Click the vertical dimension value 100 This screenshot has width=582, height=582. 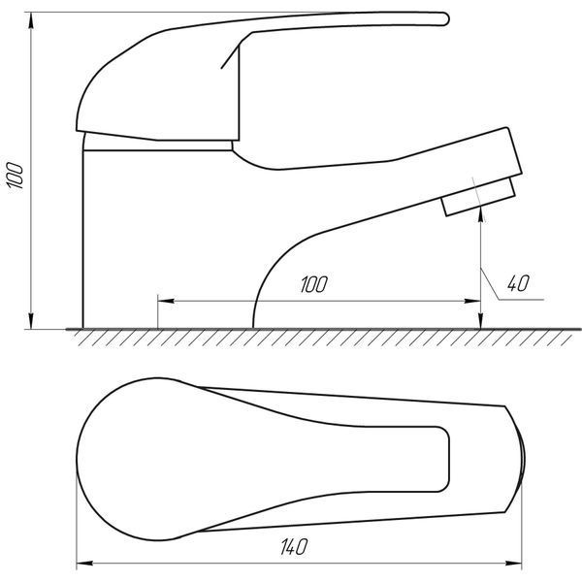(x=16, y=176)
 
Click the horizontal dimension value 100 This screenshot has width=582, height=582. (x=314, y=284)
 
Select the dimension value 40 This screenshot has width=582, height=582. (x=518, y=283)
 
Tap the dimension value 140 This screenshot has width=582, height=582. (x=294, y=547)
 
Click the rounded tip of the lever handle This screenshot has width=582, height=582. (x=444, y=18)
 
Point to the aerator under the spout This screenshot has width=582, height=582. (x=479, y=197)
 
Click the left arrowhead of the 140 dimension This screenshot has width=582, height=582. (x=84, y=563)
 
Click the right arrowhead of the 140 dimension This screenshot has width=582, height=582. (x=514, y=563)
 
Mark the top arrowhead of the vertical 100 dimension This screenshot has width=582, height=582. (x=31, y=20)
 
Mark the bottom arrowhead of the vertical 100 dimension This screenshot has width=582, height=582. (x=31, y=321)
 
